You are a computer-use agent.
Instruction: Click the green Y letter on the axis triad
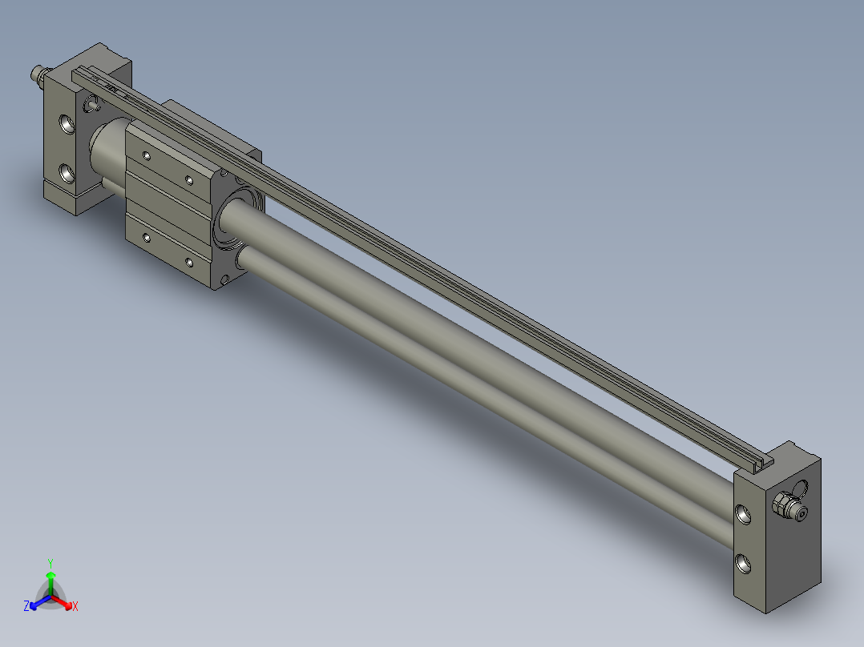click(x=50, y=562)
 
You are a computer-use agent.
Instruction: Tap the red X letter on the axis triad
click(x=75, y=607)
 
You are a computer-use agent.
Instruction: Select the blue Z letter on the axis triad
click(x=26, y=607)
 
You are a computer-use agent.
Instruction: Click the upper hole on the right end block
click(x=745, y=515)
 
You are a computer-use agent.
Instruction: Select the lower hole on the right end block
click(x=745, y=565)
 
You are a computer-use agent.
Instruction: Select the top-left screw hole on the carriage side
click(x=146, y=156)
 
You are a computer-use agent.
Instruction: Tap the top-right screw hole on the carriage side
click(x=188, y=179)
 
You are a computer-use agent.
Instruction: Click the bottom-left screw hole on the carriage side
click(x=146, y=237)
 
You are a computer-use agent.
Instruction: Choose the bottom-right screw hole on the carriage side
click(x=188, y=261)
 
